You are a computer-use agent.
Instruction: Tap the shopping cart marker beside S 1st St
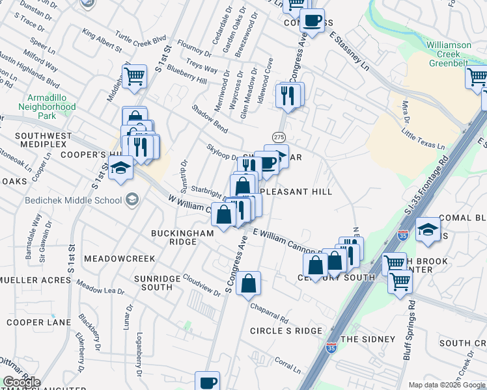[134, 75]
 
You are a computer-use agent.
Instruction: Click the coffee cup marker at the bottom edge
[208, 382]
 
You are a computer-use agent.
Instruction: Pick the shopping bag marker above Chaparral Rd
[249, 283]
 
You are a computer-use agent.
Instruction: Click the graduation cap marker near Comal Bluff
[428, 229]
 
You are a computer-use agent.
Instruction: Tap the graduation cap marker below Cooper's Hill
[120, 168]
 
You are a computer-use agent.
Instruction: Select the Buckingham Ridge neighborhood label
[174, 237]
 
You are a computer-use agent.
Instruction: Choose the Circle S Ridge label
[286, 331]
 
